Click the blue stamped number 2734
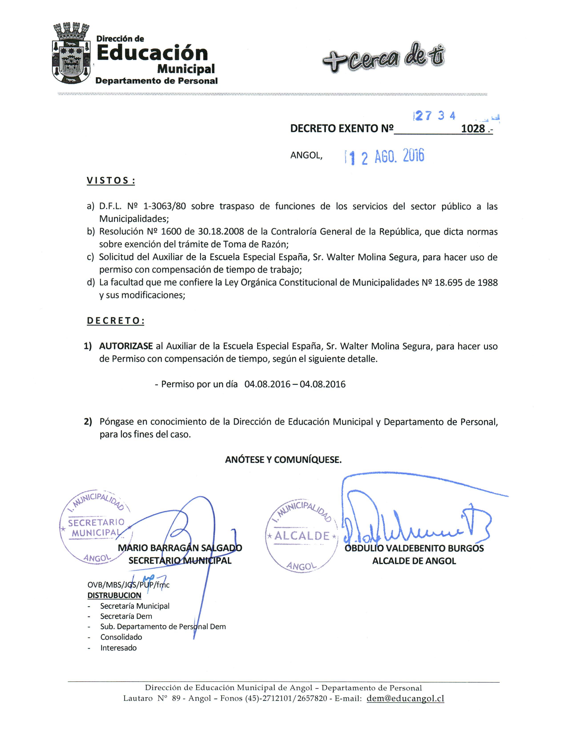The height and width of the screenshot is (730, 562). [435, 116]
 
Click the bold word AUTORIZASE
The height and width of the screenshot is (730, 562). [126, 346]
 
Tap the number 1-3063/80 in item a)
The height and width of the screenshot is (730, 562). [164, 206]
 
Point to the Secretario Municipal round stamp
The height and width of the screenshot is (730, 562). [96, 527]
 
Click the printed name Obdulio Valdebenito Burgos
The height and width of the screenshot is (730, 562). [414, 548]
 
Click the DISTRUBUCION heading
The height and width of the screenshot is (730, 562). [114, 595]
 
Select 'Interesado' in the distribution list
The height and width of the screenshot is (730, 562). [118, 648]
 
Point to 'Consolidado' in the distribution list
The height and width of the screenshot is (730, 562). [121, 637]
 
